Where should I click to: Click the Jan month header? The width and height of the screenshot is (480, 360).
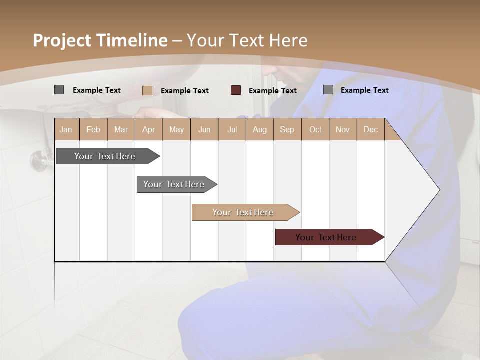66,129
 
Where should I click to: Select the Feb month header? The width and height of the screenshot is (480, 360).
93,129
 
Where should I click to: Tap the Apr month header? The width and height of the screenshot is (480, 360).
149,129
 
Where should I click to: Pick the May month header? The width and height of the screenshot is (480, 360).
176,129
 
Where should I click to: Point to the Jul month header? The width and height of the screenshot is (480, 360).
232,129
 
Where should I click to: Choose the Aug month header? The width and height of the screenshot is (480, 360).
260,129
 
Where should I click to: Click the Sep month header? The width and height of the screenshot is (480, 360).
287,129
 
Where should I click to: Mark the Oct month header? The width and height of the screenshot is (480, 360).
315,129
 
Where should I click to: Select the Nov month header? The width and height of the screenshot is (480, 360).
343,129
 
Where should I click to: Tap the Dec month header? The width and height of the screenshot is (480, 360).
371,129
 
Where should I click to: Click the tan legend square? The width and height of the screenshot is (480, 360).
147,90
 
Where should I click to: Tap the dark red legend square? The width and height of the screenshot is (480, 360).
236,90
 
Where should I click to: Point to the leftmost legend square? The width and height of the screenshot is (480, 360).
59,90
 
